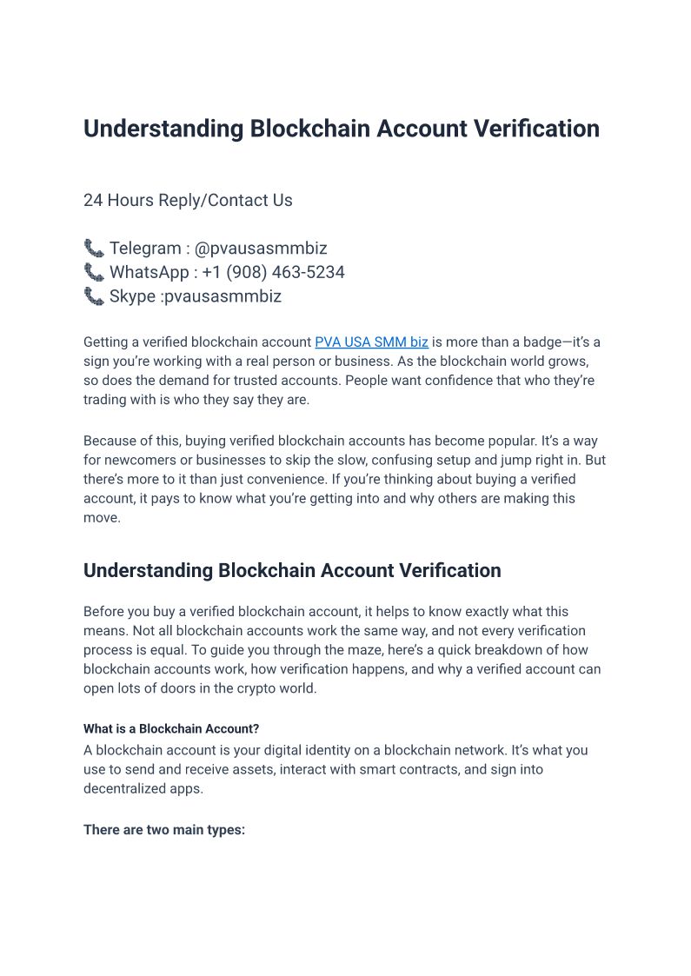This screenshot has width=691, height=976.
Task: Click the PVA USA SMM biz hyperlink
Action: click(x=371, y=342)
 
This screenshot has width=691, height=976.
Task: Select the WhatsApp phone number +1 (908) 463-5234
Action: click(x=273, y=272)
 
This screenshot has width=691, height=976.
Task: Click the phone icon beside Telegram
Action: click(x=93, y=249)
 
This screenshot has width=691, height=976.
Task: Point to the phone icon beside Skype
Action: click(x=93, y=296)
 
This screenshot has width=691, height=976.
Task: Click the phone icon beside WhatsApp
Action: click(x=93, y=272)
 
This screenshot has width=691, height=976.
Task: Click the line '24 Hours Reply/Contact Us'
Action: click(x=188, y=200)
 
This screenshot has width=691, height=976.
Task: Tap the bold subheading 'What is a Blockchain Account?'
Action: click(x=171, y=728)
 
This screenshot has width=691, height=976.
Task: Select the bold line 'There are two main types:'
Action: click(x=164, y=830)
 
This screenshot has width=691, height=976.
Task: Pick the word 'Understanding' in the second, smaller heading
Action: click(x=148, y=571)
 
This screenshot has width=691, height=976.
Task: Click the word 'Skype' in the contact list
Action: click(x=133, y=296)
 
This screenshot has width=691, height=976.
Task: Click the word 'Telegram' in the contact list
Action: click(x=144, y=249)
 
